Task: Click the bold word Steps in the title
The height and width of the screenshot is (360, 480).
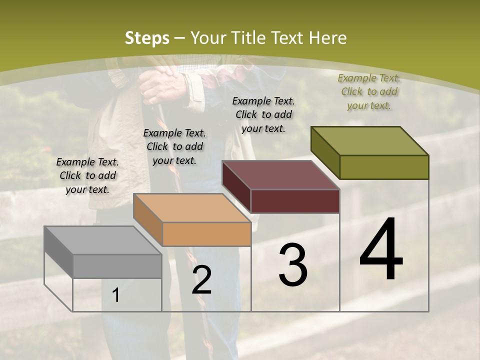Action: [x=147, y=38]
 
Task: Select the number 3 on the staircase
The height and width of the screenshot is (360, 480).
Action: [x=293, y=265]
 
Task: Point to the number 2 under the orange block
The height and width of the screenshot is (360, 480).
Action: [x=201, y=280]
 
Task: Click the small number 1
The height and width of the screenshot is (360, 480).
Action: [x=115, y=295]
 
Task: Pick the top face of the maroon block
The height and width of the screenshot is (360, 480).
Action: [x=280, y=175]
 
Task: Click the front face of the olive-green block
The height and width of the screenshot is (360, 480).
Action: [x=384, y=167]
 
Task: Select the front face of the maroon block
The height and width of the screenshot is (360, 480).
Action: [x=295, y=201]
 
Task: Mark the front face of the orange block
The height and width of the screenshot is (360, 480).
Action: [x=206, y=234]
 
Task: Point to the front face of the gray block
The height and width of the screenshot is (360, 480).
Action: [x=117, y=266]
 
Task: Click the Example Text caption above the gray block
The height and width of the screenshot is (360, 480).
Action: [x=87, y=175]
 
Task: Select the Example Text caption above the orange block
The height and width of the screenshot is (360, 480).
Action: [x=174, y=146]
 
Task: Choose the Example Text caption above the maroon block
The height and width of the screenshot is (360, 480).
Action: [x=263, y=114]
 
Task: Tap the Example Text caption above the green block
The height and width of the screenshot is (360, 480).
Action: [x=369, y=91]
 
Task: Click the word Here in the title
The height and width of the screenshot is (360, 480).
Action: [x=328, y=38]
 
